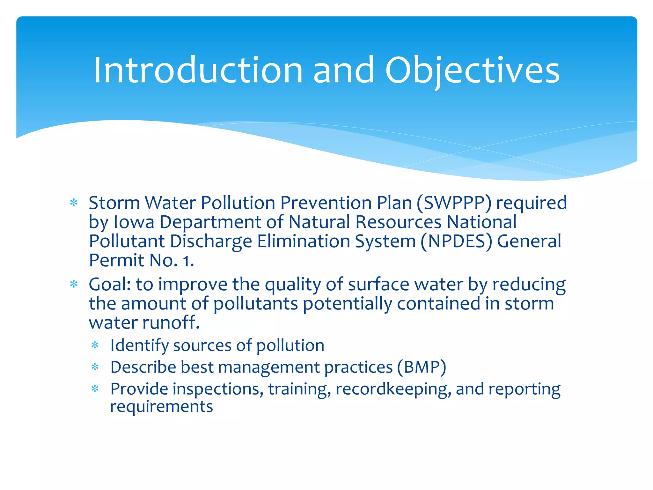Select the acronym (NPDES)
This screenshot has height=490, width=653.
coord(456,241)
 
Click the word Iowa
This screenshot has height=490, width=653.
coord(134,222)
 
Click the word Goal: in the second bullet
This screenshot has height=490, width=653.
coord(110,285)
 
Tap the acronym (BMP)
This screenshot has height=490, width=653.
coord(422,367)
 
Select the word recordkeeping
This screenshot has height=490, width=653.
coord(393,389)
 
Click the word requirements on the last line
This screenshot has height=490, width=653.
coord(161,407)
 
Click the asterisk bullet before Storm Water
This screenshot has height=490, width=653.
coord(74,203)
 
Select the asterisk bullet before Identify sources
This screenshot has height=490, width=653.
coord(95,346)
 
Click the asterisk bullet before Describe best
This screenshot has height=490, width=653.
coord(95,368)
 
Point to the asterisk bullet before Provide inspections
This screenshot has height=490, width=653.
coord(95,390)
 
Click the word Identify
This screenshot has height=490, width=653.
coord(139,346)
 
